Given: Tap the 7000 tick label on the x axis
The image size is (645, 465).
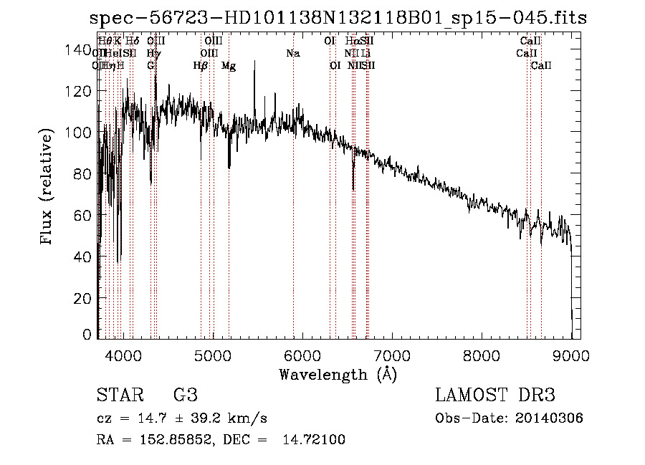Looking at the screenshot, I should pyautogui.click(x=392, y=353).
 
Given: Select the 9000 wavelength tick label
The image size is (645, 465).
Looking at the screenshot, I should pyautogui.click(x=571, y=353).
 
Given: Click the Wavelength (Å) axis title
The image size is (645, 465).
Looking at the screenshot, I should pyautogui.click(x=338, y=374).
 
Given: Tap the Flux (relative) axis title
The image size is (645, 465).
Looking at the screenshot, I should pyautogui.click(x=48, y=188).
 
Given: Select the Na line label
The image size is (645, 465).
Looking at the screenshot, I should pyautogui.click(x=292, y=54).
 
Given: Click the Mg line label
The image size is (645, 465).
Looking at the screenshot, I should pyautogui.click(x=229, y=66).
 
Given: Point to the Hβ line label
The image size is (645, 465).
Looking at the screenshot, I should pyautogui.click(x=201, y=66).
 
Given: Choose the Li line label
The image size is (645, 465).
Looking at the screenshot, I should pyautogui.click(x=365, y=54).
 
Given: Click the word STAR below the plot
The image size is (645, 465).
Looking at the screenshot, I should pyautogui.click(x=118, y=396).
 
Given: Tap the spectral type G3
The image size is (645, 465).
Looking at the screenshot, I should pyautogui.click(x=185, y=396).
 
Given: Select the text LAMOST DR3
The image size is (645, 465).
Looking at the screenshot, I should pyautogui.click(x=495, y=396).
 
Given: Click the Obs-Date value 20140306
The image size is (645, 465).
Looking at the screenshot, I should pyautogui.click(x=548, y=418).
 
